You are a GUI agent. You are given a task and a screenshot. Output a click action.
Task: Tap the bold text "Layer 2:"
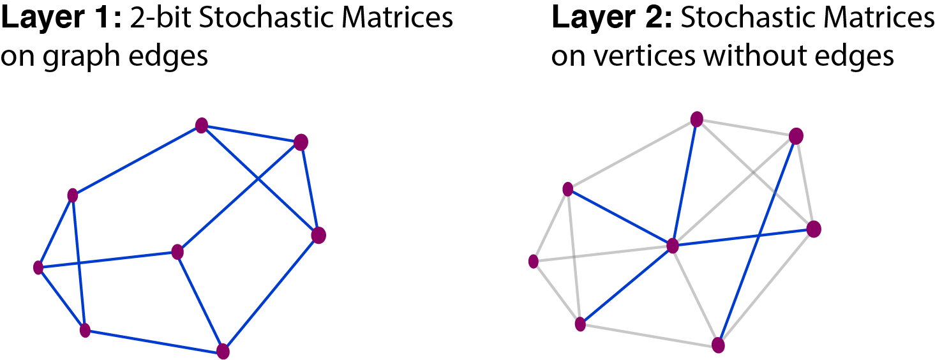tap(611, 19)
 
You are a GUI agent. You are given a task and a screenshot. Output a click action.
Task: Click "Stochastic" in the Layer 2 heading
tap(751, 19)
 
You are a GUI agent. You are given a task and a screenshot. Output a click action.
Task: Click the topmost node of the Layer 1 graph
tap(202, 125)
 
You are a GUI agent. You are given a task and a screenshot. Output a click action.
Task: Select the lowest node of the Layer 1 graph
tap(223, 351)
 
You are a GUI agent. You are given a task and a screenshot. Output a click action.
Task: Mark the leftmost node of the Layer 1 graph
tap(38, 267)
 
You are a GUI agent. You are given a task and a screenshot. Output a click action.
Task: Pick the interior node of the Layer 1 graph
tap(177, 252)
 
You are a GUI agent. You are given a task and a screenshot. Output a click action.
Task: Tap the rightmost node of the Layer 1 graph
tap(318, 236)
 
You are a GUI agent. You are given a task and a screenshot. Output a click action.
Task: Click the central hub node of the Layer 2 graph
tap(672, 246)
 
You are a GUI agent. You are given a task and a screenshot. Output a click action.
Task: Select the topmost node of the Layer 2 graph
tap(697, 119)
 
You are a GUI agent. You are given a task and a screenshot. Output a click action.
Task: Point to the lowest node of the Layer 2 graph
tap(719, 345)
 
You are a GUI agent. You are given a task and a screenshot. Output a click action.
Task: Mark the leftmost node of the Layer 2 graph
tap(534, 261)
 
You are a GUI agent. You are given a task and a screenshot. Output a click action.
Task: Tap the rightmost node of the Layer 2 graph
tap(813, 229)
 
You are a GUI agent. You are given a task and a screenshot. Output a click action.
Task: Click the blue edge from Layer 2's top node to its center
tap(685, 182)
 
